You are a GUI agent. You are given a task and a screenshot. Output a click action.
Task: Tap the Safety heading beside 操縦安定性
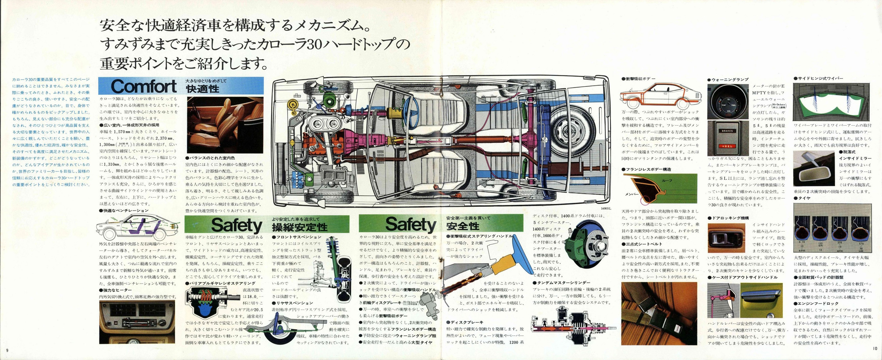coord(237,225)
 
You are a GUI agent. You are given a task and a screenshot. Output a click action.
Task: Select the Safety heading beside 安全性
coord(411,225)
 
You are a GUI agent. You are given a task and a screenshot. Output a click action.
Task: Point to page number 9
coord(7,349)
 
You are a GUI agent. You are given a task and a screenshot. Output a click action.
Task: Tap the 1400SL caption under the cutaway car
coord(605,208)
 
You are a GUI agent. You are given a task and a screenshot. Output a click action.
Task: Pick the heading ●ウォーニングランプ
coord(728,80)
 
